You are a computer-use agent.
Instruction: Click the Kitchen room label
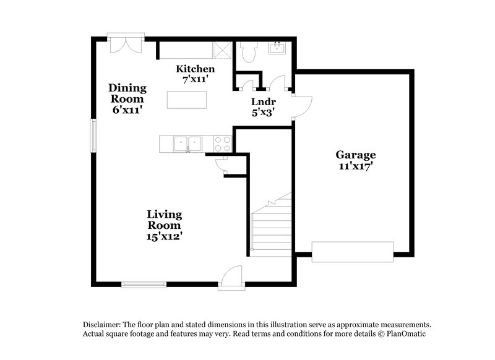tap(195, 69)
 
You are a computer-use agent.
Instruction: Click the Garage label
tap(356, 155)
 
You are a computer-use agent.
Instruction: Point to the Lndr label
tap(263, 101)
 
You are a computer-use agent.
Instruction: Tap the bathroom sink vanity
tap(277, 48)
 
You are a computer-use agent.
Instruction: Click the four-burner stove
tap(222, 144)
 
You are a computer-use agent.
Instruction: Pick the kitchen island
tap(187, 99)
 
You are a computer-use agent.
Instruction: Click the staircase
tap(272, 226)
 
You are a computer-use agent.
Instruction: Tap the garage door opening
tap(352, 252)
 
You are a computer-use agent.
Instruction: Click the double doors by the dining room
tap(126, 43)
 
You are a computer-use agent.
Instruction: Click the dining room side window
tap(94, 135)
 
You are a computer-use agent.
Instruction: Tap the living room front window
tap(144, 285)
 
